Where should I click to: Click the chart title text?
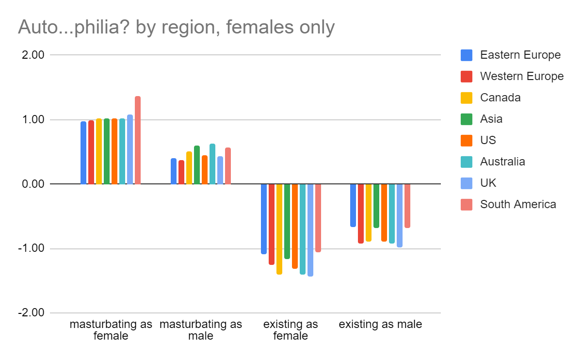[x=176, y=27]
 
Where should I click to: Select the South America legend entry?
[x=517, y=204]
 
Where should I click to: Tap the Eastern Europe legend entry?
[x=520, y=55]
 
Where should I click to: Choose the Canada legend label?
[x=500, y=98]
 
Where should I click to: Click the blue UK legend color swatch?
[x=466, y=183]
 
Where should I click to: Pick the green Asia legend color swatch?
[x=466, y=119]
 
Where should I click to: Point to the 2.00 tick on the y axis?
[x=34, y=55]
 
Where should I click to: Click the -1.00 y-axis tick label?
[x=32, y=248]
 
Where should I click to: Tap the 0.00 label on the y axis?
[x=34, y=184]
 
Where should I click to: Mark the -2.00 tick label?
[x=32, y=313]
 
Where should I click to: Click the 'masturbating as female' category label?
[x=111, y=329]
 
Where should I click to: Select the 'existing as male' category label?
[x=380, y=324]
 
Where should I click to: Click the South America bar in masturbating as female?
[x=138, y=140]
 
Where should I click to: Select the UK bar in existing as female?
[x=310, y=230]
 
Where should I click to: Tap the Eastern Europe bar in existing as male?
[x=353, y=205]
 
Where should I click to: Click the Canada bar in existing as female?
[x=279, y=229]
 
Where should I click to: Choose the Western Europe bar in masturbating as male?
[x=181, y=172]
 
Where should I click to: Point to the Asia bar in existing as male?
[x=376, y=206]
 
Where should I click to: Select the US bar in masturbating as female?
[x=114, y=151]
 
